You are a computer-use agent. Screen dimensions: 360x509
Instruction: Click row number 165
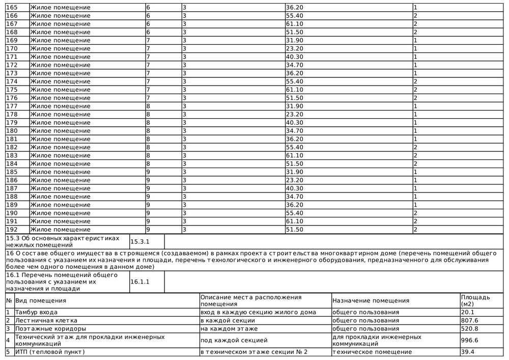click(x=11, y=8)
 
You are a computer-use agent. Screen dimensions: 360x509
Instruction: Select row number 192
click(x=11, y=230)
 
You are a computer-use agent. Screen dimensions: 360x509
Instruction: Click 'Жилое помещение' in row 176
click(x=60, y=98)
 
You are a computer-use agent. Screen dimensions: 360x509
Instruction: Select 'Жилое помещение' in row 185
click(x=60, y=172)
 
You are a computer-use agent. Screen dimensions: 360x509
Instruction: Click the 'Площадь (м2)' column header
click(x=475, y=300)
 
